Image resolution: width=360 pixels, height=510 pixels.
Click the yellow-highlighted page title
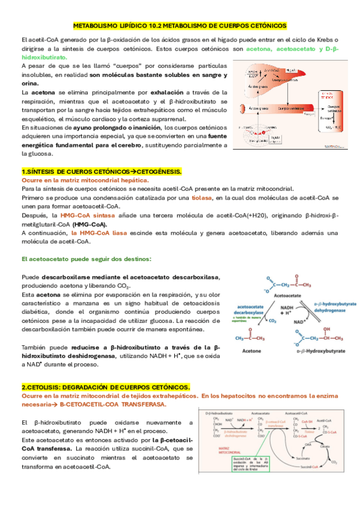click(180, 26)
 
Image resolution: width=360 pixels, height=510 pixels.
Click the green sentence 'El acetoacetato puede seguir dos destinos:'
click(87, 259)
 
